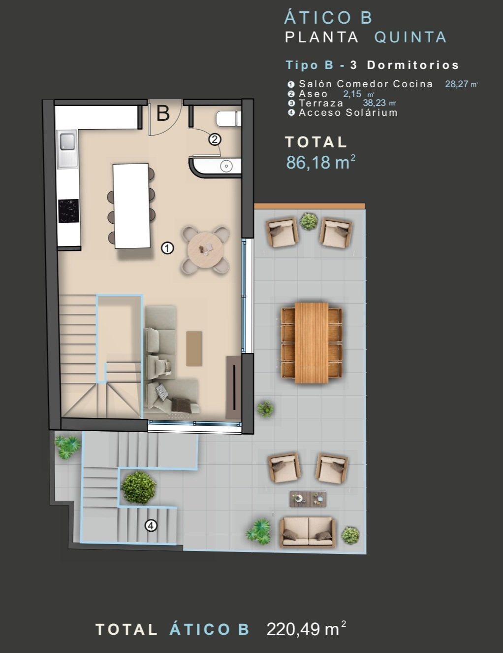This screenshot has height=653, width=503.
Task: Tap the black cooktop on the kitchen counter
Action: [68, 211]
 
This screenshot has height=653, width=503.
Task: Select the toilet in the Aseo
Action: [228, 118]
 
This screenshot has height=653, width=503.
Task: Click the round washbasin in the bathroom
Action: [226, 166]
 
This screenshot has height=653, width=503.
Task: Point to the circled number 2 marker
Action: [215, 139]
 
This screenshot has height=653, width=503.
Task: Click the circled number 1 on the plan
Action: [167, 248]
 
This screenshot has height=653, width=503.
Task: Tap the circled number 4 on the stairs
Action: [151, 525]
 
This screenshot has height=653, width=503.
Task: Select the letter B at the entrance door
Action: [163, 113]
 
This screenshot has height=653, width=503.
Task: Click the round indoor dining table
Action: [206, 250]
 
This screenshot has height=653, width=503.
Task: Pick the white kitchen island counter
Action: [131, 206]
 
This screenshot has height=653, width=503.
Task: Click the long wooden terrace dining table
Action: [311, 343]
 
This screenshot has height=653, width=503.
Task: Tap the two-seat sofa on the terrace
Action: [308, 532]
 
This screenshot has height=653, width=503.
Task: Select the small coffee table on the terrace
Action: [308, 499]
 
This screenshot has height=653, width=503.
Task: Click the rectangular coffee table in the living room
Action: [194, 348]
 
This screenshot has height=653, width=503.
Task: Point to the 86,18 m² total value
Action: [320, 162]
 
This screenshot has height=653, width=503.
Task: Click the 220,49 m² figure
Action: [306, 629]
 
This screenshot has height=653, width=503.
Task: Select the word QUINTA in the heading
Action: [410, 37]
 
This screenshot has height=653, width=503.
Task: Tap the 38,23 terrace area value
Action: [374, 103]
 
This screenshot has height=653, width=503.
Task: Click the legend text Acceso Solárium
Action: [348, 113]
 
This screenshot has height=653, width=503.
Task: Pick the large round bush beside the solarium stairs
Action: [138, 488]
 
